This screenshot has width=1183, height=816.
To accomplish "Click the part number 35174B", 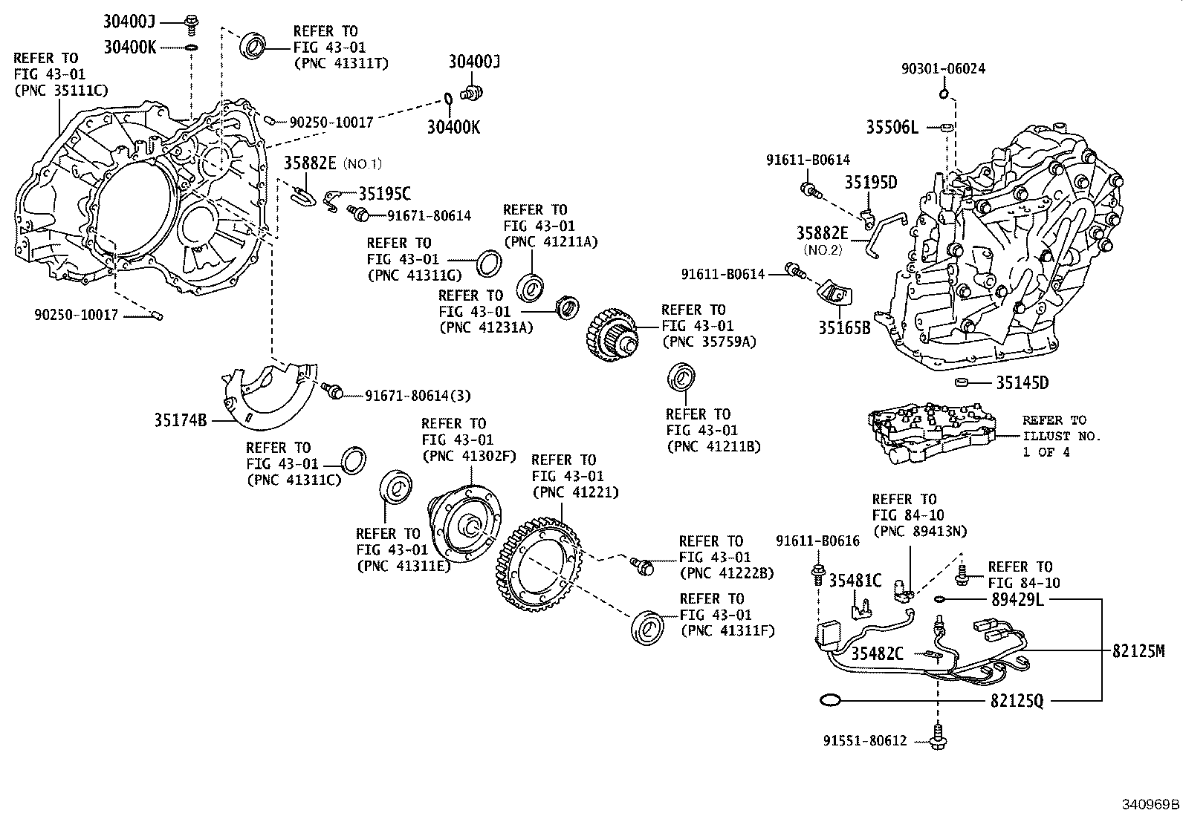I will point(181,420).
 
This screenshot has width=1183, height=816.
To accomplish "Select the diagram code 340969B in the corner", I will point(1150,805).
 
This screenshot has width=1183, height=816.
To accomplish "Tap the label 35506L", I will point(892,128).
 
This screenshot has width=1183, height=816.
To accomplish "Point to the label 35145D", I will point(1022,383).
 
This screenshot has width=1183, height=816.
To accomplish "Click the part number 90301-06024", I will point(943,69).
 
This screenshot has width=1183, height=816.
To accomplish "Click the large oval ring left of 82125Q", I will point(829,699).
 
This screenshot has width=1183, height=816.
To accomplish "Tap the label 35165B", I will point(844,327).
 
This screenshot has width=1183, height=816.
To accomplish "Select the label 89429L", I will point(1017,598).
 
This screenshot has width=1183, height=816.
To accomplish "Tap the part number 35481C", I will point(855,581).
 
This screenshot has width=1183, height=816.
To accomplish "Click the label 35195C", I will point(384,194).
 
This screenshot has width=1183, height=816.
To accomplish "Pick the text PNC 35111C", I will point(61,91).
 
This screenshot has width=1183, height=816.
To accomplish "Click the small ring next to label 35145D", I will point(962,382).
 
